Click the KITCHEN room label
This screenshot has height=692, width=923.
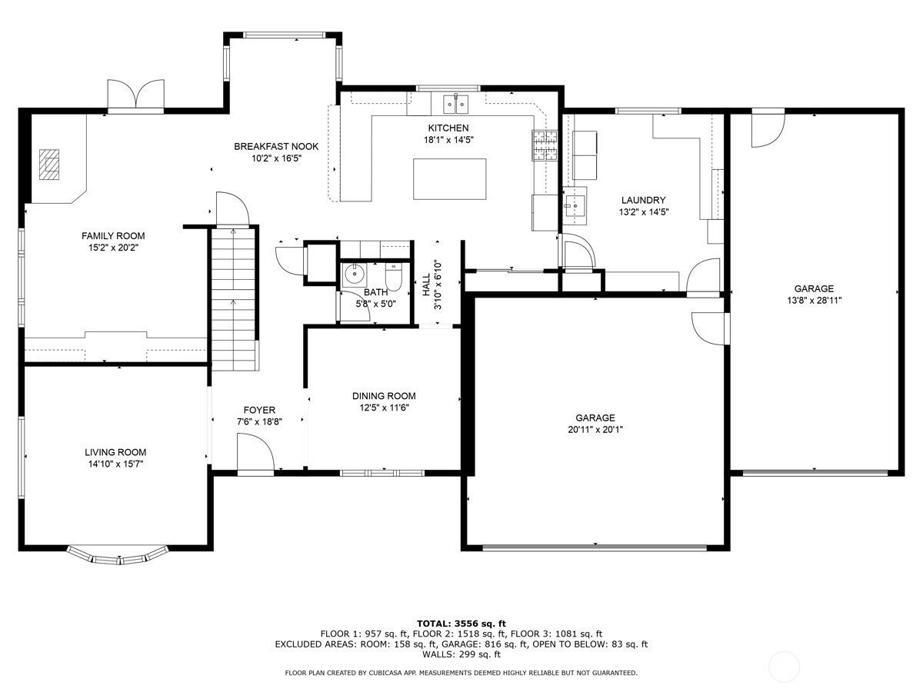(448, 128)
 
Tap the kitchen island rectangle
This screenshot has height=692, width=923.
(450, 178)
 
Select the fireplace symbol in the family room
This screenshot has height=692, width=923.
(51, 164)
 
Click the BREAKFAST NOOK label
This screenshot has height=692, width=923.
(276, 146)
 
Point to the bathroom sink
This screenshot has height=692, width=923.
(355, 273)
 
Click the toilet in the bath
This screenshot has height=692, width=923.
(393, 278)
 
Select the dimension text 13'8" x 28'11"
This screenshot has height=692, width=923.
(814, 301)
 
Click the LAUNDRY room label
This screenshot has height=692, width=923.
(643, 201)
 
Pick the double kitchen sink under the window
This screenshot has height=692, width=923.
(457, 102)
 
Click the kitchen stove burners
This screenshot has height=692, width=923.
(545, 145)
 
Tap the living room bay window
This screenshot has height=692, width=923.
(118, 554)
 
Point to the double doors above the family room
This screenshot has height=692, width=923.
(135, 95)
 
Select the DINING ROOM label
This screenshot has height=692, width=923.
(384, 396)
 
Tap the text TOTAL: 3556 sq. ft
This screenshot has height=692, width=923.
(461, 623)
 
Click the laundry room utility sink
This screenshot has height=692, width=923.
(574, 205)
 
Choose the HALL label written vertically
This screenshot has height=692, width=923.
(426, 284)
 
